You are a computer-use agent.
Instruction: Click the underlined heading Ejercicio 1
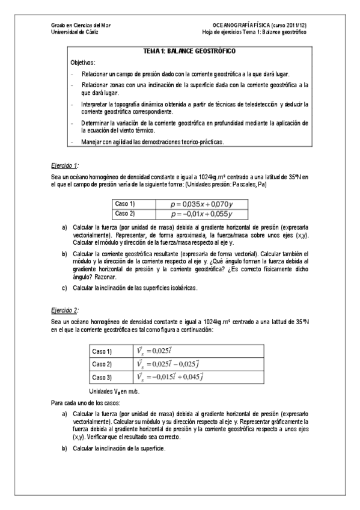click(x=65, y=164)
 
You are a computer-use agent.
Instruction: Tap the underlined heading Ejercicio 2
click(x=65, y=311)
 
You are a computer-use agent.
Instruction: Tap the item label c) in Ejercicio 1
click(x=64, y=288)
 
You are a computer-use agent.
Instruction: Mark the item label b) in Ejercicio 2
click(x=64, y=449)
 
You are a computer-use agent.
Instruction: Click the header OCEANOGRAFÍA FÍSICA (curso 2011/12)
click(x=257, y=25)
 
